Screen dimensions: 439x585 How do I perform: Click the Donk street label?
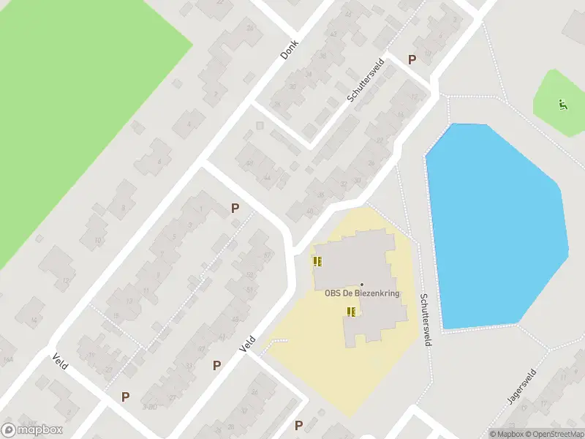290,49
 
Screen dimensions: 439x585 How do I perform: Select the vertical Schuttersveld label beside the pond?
426,320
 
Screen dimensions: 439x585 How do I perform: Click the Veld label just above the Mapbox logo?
60,361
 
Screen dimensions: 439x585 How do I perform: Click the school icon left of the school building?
317,261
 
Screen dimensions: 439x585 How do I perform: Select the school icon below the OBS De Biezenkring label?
351,312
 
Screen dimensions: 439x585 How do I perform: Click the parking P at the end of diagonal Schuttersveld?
412,60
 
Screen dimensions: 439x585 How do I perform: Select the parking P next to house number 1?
235,208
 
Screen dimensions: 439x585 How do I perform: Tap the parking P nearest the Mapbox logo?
125,397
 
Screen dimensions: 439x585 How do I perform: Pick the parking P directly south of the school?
298,425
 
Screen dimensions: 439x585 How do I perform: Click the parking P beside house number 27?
216,365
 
